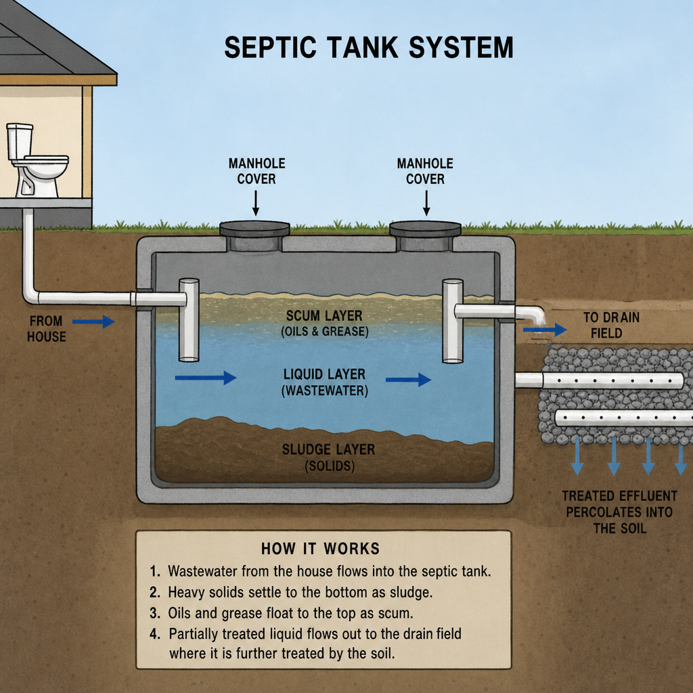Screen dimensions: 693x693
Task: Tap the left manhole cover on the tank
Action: click(x=254, y=229)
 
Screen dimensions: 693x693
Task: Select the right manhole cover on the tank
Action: click(x=425, y=229)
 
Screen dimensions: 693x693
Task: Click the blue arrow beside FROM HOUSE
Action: click(x=93, y=321)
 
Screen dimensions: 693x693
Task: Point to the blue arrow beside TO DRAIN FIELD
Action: click(x=545, y=330)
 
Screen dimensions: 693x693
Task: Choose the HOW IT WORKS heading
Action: click(x=320, y=548)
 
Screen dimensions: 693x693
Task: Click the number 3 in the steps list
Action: click(x=154, y=613)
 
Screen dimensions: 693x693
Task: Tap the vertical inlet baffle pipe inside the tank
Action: click(x=189, y=319)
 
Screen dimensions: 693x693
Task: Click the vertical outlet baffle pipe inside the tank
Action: click(x=453, y=321)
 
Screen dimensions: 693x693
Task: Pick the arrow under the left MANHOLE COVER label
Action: click(x=255, y=203)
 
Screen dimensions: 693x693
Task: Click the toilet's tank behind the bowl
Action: click(x=20, y=141)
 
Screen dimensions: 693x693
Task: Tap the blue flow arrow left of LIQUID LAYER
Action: click(x=206, y=378)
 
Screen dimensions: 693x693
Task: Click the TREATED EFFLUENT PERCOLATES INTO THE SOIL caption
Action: click(x=620, y=512)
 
